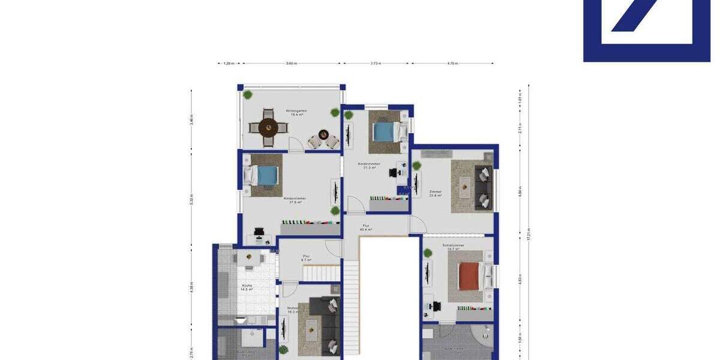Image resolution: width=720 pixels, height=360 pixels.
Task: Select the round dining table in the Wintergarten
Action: point(268,127)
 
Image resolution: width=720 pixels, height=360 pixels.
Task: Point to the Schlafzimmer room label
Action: point(454,247)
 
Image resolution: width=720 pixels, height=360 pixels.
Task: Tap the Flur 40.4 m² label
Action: point(365,227)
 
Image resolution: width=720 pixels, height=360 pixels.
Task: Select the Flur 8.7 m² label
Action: point(306,258)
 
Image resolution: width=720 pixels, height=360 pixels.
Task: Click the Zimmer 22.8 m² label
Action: point(436,194)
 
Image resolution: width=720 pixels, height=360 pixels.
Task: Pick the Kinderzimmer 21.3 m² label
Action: point(369,166)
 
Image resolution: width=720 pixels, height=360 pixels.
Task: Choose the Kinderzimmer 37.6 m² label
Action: point(295,200)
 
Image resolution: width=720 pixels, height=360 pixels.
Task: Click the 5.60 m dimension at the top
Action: point(291,63)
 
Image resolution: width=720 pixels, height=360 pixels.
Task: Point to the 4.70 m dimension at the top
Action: point(452,63)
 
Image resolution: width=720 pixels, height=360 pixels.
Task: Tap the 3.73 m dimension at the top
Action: point(376,63)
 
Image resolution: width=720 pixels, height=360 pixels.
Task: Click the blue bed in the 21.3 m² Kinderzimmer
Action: point(383,131)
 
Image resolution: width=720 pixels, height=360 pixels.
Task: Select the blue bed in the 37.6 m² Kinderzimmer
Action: point(264,176)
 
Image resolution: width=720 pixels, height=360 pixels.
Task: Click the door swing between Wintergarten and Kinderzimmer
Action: point(296,144)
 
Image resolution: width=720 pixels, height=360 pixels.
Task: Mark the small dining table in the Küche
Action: point(248,259)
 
